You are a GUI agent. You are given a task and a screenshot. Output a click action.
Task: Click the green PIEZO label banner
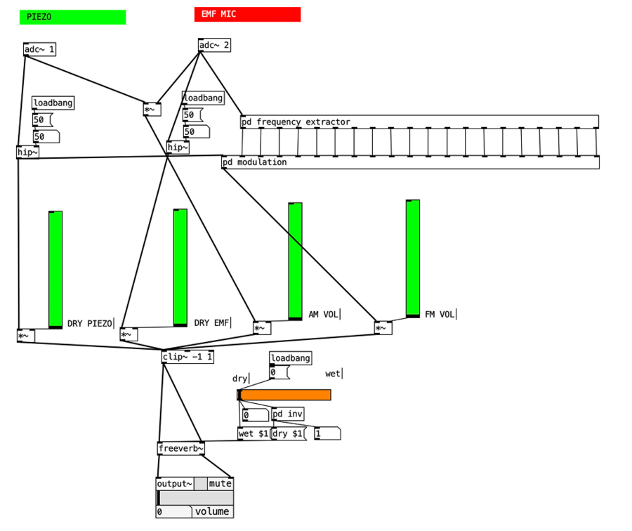pos(72,17)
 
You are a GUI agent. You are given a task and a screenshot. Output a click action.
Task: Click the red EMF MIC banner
pos(247,14)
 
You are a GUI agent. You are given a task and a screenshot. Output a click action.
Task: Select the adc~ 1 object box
pos(39,49)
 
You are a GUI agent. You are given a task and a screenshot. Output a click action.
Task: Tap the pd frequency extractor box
pos(419,122)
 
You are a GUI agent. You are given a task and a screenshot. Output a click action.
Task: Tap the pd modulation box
pos(410,162)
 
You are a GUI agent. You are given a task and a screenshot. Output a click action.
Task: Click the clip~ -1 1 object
pos(187,357)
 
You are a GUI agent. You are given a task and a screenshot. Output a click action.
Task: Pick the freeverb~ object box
pos(180,448)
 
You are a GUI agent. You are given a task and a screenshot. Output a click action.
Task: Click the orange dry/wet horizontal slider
pos(284,395)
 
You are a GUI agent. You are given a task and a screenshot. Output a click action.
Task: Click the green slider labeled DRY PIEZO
pos(55,269)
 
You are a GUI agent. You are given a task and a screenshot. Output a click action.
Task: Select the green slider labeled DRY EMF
pos(180,268)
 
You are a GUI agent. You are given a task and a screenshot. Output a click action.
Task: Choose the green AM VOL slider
pos(295,261)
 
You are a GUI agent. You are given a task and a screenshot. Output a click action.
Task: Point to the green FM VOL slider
pos(413,258)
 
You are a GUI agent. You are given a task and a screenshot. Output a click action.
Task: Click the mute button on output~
pos(220,483)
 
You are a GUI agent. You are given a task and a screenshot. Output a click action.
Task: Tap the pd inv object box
pos(287,414)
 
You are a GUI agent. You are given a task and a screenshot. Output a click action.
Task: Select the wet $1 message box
pos(254,433)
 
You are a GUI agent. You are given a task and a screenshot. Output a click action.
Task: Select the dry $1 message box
pos(288,433)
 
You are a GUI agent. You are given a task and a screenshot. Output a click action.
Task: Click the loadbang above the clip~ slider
pos(290,358)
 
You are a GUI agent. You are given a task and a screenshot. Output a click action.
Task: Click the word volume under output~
pos(212,511)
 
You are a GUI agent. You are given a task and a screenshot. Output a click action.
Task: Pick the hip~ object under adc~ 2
pos(178,147)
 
